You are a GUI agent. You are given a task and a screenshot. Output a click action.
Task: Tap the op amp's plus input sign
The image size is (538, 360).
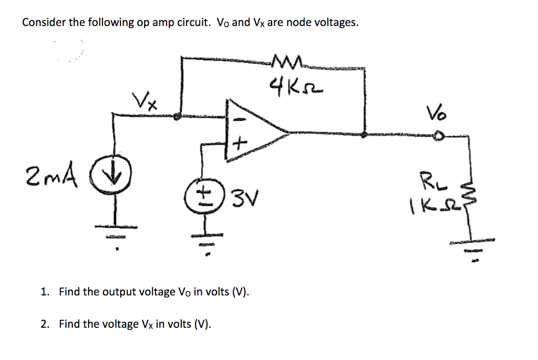238,142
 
